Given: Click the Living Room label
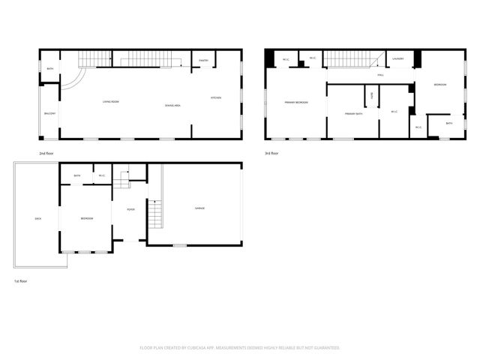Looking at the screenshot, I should [111, 101].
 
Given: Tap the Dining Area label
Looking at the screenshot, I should [172, 106].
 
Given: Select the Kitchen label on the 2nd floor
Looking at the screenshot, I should [215, 98].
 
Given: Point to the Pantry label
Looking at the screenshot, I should [203, 61].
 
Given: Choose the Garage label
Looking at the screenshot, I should [199, 208].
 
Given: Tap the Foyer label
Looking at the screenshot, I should [130, 209].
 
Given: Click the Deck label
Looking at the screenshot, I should [37, 218].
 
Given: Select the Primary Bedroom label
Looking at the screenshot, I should [296, 102].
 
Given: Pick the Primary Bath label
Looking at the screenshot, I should [354, 113].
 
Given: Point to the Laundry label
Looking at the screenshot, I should [398, 58].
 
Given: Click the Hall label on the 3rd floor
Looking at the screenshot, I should [380, 75].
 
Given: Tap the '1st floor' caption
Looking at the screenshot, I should [21, 280].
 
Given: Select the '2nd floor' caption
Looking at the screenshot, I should [47, 154].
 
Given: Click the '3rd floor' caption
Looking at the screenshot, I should [271, 154].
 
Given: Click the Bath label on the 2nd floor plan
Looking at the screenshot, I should [49, 69].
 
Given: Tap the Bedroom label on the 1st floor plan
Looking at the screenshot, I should [87, 218].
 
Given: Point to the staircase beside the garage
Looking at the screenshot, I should [155, 214].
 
